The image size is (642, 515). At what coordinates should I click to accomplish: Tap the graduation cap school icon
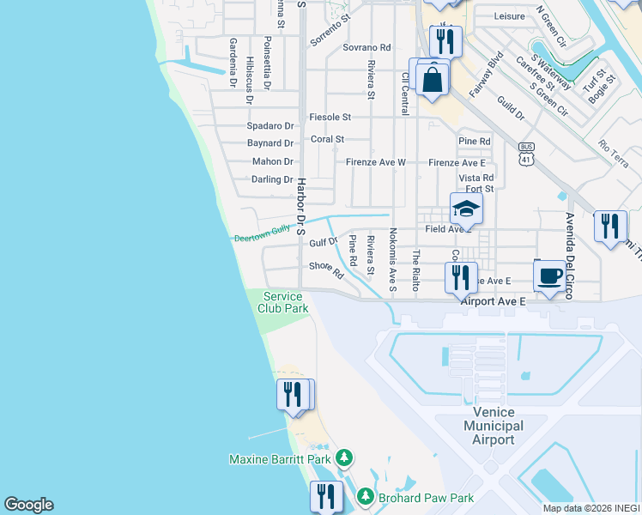[466, 209]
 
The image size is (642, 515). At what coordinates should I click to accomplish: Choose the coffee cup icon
[549, 276]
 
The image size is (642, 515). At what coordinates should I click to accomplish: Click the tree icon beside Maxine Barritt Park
[344, 458]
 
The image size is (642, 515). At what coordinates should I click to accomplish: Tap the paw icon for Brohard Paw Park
[365, 497]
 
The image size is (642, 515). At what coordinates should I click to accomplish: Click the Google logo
[28, 505]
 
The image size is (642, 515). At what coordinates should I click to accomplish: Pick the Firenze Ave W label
[375, 162]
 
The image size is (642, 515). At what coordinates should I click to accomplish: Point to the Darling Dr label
[272, 179]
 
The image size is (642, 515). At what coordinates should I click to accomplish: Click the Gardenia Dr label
[233, 63]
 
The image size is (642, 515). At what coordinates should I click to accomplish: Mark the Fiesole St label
[330, 117]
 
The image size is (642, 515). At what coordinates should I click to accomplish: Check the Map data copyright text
[591, 508]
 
